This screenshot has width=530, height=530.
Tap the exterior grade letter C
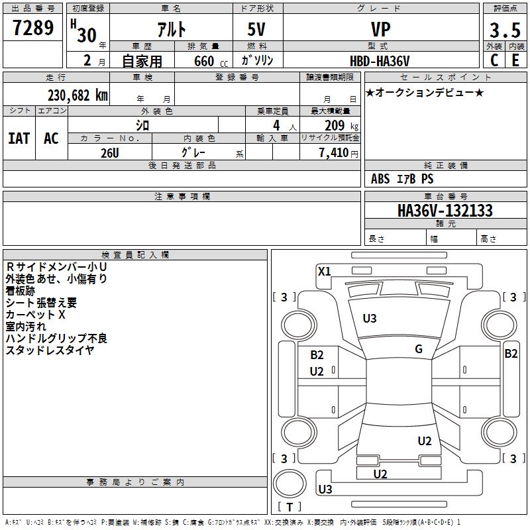[x=494, y=60]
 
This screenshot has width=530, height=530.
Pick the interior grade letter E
[x=515, y=60]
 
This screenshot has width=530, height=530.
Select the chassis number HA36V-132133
[x=445, y=211]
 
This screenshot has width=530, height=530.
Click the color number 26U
[x=110, y=152]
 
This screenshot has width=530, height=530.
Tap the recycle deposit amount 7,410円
[x=337, y=152]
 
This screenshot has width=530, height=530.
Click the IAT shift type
[x=19, y=138]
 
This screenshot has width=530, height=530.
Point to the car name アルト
[x=171, y=30]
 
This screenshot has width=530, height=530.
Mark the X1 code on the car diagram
[x=324, y=271]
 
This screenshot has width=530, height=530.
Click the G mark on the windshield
[x=419, y=349]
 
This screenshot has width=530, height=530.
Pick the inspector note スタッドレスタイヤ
[x=50, y=350]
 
